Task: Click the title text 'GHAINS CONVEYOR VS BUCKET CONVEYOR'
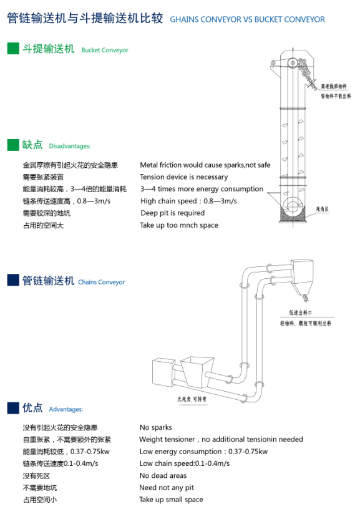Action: click(x=247, y=19)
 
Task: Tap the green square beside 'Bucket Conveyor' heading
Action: click(x=13, y=49)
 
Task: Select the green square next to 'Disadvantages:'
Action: click(x=13, y=145)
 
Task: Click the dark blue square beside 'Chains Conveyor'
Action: click(x=13, y=281)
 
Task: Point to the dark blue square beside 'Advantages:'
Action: click(x=13, y=408)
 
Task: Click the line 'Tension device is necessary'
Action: click(x=183, y=177)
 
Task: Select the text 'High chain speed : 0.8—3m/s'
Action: click(x=188, y=201)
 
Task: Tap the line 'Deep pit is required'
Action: click(x=172, y=213)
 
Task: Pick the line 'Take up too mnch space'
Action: click(x=178, y=225)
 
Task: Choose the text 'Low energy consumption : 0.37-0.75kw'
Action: click(x=203, y=452)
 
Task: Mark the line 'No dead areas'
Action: click(x=163, y=475)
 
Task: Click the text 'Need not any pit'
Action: click(x=167, y=487)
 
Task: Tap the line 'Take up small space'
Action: click(x=171, y=500)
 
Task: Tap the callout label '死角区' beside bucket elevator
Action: click(x=323, y=209)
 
